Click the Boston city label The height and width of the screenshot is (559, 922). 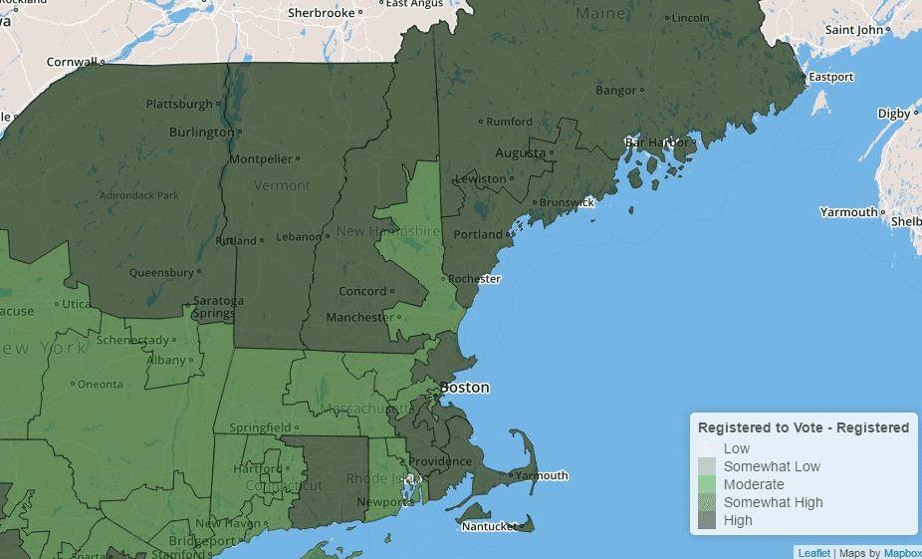(465, 387)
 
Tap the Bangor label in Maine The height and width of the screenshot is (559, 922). (615, 91)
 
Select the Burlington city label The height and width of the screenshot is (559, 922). (201, 132)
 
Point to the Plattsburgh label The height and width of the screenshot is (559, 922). (179, 104)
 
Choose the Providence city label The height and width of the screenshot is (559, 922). (439, 461)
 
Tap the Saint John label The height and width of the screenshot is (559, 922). (853, 30)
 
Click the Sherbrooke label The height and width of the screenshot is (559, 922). (320, 13)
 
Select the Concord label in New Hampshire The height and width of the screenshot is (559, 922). (361, 291)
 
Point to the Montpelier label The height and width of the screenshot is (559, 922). (260, 158)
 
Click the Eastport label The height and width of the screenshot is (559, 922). (831, 77)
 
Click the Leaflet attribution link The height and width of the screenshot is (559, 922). (813, 553)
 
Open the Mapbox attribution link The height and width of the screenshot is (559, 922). (902, 553)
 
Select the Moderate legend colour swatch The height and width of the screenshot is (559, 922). (706, 484)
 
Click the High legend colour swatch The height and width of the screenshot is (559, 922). (706, 520)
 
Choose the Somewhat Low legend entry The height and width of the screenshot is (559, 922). (772, 466)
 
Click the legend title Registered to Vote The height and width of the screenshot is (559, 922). (804, 427)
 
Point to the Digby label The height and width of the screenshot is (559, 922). (893, 114)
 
